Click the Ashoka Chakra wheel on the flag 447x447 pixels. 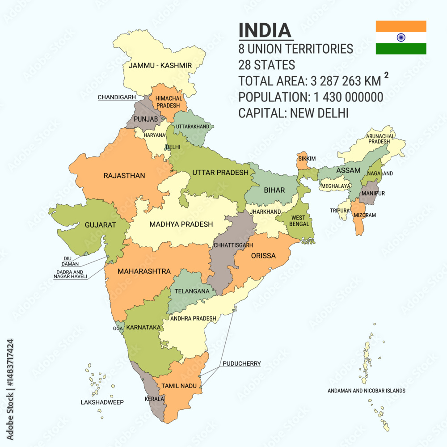(x=401, y=38)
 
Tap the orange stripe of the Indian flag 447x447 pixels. (x=401, y=26)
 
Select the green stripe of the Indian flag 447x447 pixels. (x=401, y=49)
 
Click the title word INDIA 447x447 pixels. (x=265, y=30)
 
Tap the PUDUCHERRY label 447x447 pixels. (x=241, y=364)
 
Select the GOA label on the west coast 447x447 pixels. (x=118, y=329)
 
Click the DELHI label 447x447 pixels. (x=173, y=147)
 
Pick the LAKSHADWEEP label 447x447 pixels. (x=102, y=402)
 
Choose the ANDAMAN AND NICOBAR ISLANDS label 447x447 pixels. (x=366, y=391)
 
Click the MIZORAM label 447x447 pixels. (x=364, y=215)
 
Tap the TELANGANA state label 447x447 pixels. (x=192, y=291)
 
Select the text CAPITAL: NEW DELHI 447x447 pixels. (x=293, y=113)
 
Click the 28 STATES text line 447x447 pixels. (x=266, y=65)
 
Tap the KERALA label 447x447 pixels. (x=154, y=399)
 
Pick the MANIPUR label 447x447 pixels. (x=373, y=194)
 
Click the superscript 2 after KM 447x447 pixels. (x=386, y=75)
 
